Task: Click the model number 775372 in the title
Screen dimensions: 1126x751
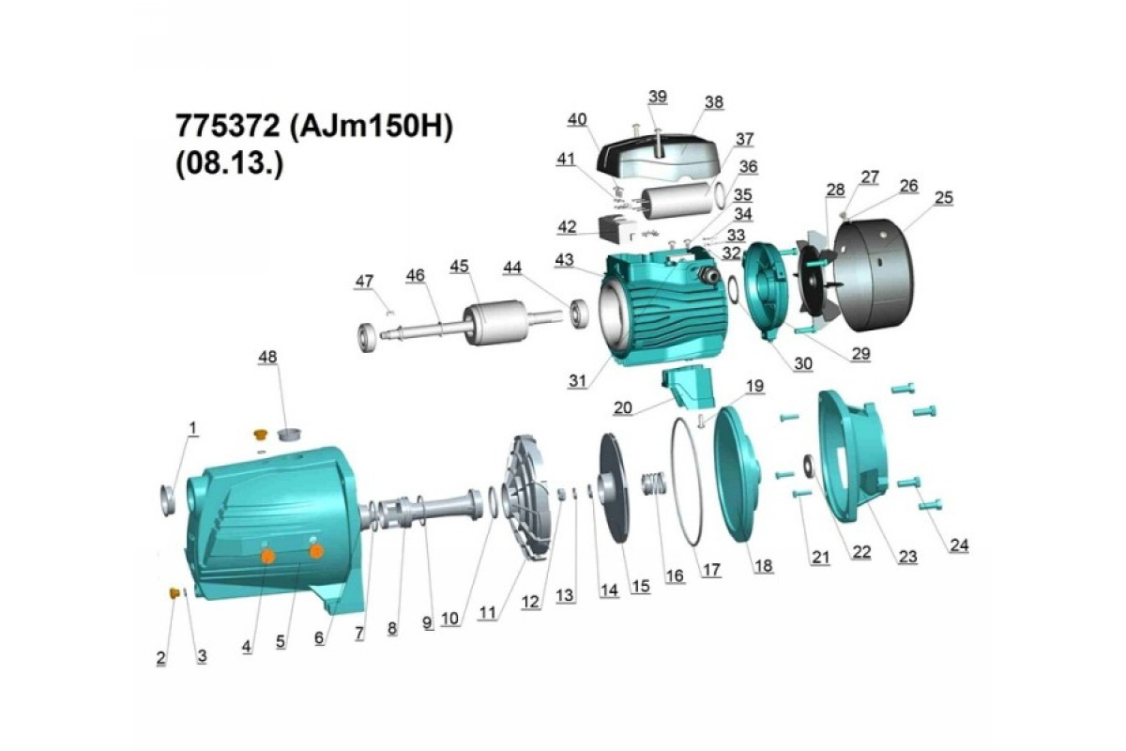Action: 227,126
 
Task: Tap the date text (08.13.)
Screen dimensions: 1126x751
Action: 230,163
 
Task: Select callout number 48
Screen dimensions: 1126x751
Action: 267,357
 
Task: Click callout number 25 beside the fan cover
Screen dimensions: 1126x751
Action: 944,198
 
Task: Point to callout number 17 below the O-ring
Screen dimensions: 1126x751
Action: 711,570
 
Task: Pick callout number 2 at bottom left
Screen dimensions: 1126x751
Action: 160,657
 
